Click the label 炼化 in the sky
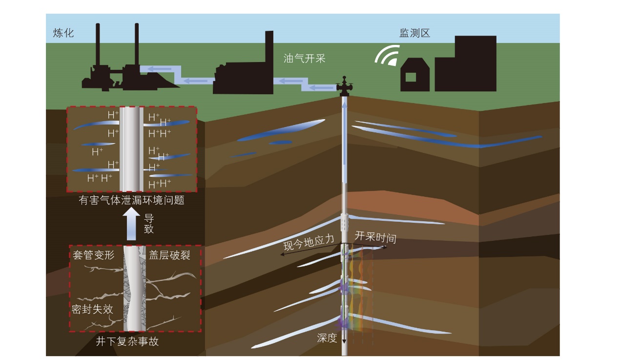click(x=63, y=33)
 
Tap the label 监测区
click(x=414, y=33)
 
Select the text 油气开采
click(x=305, y=59)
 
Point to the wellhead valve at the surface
click(x=344, y=86)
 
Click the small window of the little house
click(x=411, y=77)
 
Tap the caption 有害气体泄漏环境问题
click(x=131, y=200)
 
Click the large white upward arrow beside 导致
click(x=131, y=224)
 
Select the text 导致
click(x=148, y=224)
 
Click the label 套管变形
click(x=94, y=255)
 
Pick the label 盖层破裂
click(x=169, y=255)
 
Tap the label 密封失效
click(x=92, y=309)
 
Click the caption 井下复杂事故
click(x=127, y=341)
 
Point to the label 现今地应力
click(x=309, y=243)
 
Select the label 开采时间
click(x=375, y=237)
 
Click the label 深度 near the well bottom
click(x=327, y=338)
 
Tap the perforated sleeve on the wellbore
click(x=344, y=223)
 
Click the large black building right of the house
click(x=466, y=64)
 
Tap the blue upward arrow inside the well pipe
click(x=344, y=133)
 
